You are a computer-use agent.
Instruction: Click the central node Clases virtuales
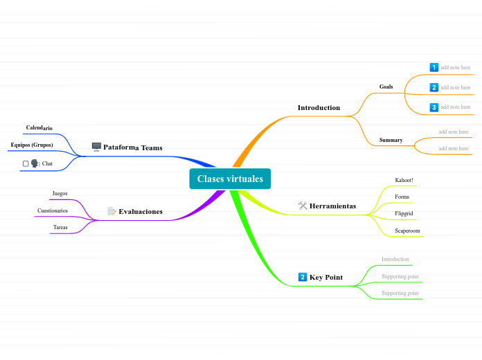click(x=230, y=179)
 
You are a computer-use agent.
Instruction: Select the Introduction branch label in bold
click(x=319, y=108)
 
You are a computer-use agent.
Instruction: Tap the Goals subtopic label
click(x=386, y=87)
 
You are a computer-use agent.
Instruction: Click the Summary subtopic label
click(x=391, y=140)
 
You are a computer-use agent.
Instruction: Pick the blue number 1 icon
click(x=434, y=67)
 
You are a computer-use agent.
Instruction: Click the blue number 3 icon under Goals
click(x=434, y=107)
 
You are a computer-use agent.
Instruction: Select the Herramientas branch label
click(x=332, y=206)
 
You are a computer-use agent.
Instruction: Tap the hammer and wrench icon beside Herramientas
click(x=303, y=206)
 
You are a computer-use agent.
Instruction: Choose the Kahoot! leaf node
click(x=404, y=180)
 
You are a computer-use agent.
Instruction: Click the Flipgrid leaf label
click(x=404, y=213)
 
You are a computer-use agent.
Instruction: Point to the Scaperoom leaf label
click(x=407, y=231)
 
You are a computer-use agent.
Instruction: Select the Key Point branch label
click(x=325, y=277)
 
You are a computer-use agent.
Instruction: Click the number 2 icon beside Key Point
click(x=303, y=277)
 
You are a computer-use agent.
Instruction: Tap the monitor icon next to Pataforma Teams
click(x=96, y=147)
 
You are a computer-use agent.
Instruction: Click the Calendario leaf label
click(x=39, y=128)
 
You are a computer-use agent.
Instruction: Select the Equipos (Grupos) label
click(x=32, y=145)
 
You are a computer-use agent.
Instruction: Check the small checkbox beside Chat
click(x=26, y=163)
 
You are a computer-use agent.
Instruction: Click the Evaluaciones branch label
click(x=141, y=211)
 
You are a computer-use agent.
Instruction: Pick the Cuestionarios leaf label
click(x=53, y=210)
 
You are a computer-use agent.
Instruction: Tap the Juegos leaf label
click(x=60, y=193)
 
